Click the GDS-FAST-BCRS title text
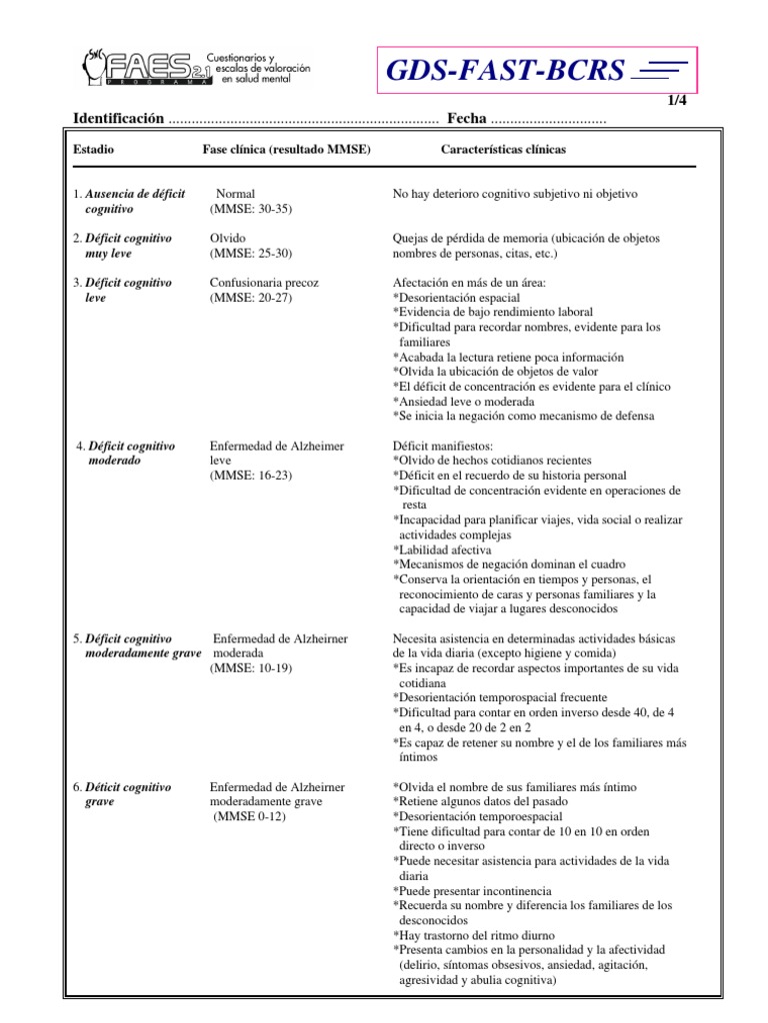point(511,71)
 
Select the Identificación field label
point(118,119)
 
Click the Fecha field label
point(467,119)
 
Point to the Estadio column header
point(94,149)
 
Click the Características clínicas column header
point(502,149)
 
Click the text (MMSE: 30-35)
point(251,209)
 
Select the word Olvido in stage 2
point(228,239)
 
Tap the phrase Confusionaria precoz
point(264,283)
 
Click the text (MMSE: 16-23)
point(251,477)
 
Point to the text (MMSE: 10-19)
point(251,668)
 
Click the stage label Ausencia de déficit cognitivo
point(129,201)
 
